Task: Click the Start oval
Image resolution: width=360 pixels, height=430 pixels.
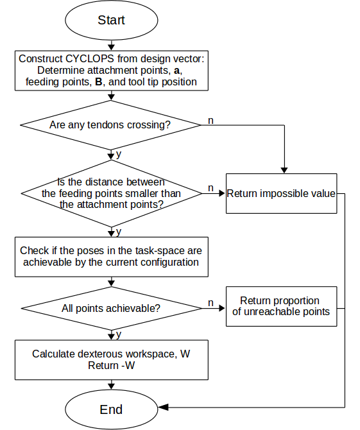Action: [111, 20]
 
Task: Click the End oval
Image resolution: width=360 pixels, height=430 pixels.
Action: [111, 409]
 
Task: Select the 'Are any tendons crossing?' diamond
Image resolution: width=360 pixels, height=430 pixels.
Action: [111, 125]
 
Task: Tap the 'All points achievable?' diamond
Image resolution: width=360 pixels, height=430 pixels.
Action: [111, 308]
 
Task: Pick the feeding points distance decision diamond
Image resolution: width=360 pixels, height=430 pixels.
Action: [111, 193]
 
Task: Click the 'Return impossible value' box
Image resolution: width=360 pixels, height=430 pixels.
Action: [281, 193]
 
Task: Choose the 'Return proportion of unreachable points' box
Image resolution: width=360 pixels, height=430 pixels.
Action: [281, 306]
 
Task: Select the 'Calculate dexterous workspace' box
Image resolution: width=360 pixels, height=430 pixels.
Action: [111, 360]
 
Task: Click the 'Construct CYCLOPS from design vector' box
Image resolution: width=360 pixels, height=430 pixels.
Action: [111, 71]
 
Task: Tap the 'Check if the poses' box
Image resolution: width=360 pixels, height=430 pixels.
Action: [111, 257]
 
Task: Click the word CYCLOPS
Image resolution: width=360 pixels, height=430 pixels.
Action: [90, 58]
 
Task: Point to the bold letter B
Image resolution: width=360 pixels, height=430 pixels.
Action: [98, 82]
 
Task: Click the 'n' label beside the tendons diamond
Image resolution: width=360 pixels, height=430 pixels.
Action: [210, 121]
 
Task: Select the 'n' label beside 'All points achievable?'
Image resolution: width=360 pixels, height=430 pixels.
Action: [210, 303]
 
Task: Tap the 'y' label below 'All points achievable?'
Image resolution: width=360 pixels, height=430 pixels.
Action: [119, 334]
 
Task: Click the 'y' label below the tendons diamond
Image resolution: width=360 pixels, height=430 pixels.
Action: [119, 154]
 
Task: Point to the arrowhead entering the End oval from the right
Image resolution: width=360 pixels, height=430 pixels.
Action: [163, 408]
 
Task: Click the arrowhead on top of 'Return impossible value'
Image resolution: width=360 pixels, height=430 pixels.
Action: [284, 170]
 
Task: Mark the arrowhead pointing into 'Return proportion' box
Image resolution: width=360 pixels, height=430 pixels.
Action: [223, 308]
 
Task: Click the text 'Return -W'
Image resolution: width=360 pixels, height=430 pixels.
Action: [111, 365]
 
